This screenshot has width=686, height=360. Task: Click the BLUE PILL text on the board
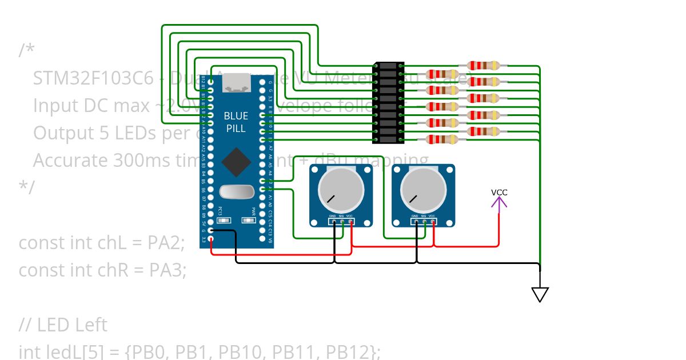coord(236,122)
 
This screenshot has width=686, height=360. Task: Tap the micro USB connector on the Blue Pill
coord(236,83)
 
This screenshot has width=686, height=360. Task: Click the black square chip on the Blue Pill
coord(236,162)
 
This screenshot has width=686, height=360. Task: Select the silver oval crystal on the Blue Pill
coord(236,193)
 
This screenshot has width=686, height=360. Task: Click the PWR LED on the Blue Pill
coord(249,219)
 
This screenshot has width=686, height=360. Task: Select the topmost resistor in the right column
coord(484,66)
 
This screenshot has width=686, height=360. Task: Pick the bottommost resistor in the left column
coord(442,139)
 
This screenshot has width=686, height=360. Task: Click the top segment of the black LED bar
coord(389,66)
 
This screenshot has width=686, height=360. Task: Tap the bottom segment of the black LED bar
coord(389,139)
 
